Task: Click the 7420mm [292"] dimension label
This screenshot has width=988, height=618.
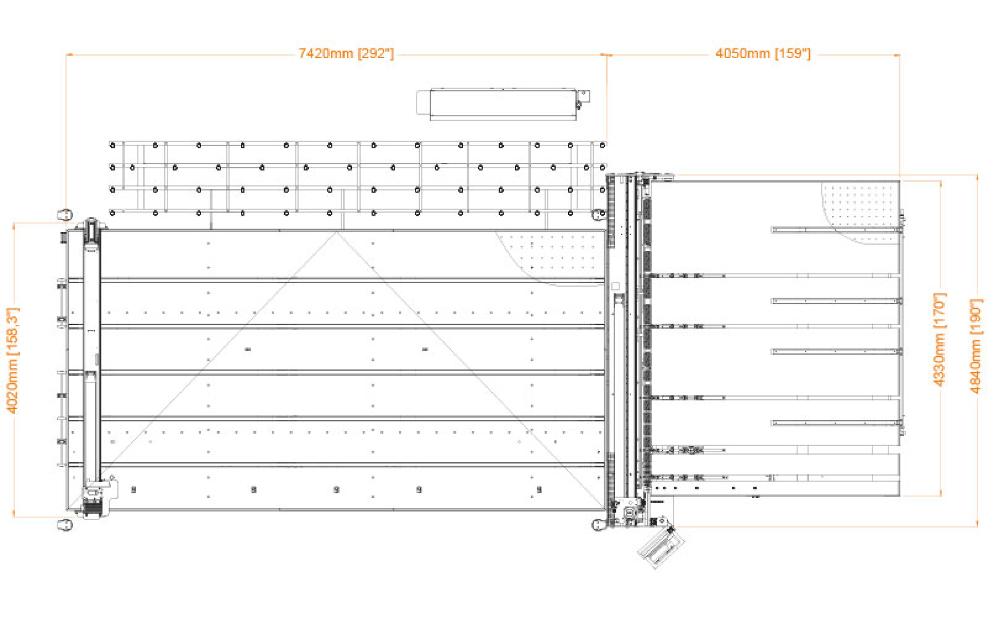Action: tap(346, 54)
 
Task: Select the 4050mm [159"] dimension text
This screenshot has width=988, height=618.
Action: tap(763, 54)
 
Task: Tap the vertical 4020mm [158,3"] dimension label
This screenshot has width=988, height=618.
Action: tap(13, 360)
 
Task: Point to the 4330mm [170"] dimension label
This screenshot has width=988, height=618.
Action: tap(940, 340)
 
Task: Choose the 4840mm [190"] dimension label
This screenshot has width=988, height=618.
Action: tap(976, 346)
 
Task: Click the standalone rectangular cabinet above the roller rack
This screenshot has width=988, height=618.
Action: tap(502, 104)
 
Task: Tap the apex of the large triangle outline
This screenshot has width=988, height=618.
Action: tap(337, 232)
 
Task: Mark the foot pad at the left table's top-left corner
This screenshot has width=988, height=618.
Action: tap(65, 214)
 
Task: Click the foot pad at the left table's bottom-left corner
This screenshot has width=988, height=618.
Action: tap(65, 525)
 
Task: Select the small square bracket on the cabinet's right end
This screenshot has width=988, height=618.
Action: tap(584, 96)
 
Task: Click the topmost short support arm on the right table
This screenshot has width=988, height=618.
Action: tap(836, 230)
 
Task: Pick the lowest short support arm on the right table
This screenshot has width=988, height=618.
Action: tap(836, 423)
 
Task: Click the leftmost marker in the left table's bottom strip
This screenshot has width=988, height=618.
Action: tap(133, 489)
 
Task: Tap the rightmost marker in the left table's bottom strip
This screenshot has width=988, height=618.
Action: tap(539, 489)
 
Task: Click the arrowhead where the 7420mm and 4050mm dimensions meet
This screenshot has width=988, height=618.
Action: tap(607, 55)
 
